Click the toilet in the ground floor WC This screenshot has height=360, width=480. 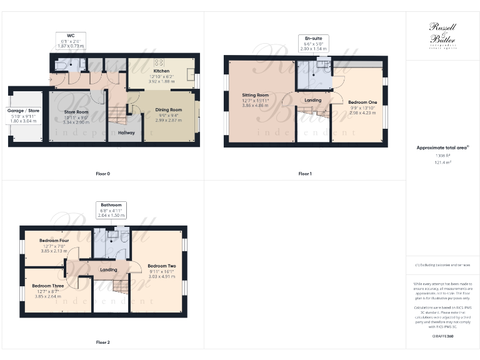pyautogui.click(x=59, y=64)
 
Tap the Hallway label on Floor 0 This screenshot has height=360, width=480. pyautogui.click(x=127, y=132)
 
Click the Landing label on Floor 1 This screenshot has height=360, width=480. pyautogui.click(x=312, y=100)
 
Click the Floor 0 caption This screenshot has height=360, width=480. pyautogui.click(x=102, y=173)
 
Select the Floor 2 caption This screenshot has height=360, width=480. pyautogui.click(x=102, y=342)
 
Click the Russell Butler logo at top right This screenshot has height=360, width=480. pyautogui.click(x=442, y=35)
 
